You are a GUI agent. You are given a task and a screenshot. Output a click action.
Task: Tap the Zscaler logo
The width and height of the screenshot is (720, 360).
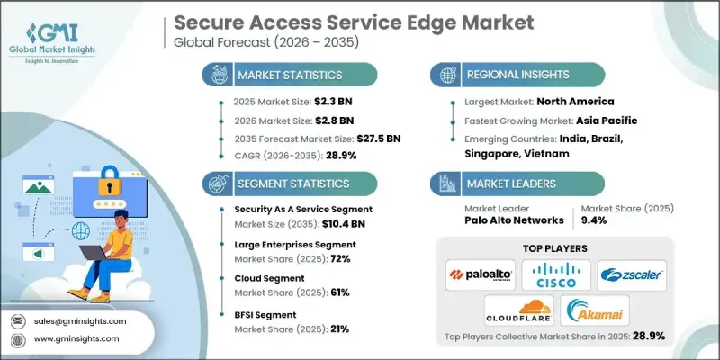point(633,274)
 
